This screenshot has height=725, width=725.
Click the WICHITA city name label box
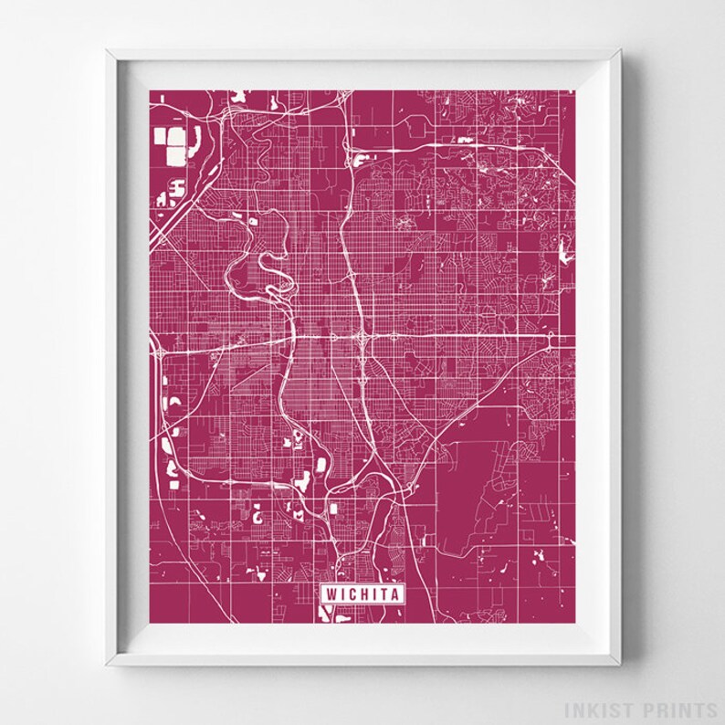362,594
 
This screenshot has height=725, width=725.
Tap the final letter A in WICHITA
394,594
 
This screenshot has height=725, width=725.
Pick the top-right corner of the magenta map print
574,89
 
